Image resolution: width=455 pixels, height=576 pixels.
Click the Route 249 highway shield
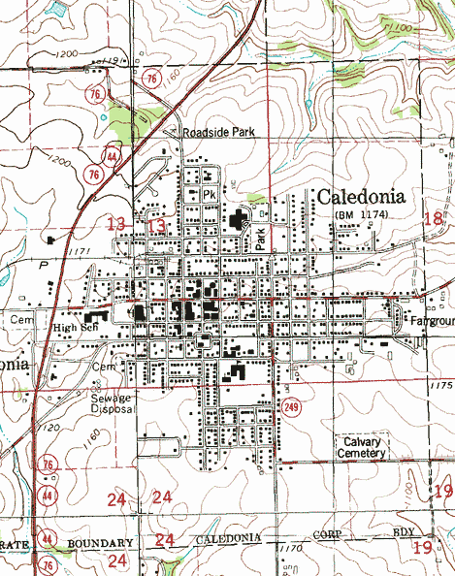click(x=291, y=407)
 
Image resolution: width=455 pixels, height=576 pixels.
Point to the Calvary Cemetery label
click(x=363, y=447)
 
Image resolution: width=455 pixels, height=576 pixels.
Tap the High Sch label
click(x=78, y=328)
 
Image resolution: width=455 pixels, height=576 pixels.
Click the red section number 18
click(x=434, y=220)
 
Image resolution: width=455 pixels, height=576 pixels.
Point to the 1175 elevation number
click(x=439, y=386)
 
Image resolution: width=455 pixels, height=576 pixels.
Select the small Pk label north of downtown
click(x=208, y=194)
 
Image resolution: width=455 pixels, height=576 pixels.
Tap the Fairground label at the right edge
click(x=430, y=320)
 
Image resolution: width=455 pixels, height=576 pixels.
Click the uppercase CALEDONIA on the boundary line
click(x=230, y=539)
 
